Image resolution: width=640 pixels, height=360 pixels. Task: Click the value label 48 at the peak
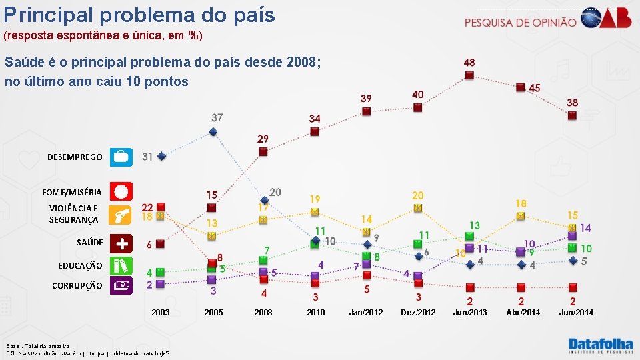point(469,63)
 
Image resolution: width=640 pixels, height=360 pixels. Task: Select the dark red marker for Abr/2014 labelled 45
point(521,87)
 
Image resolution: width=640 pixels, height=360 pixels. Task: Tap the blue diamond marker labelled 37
point(213,131)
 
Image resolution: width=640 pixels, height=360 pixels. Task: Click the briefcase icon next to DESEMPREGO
point(121,157)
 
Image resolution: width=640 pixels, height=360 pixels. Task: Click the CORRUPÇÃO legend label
point(77,285)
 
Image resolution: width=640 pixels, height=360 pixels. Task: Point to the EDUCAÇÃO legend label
point(80,265)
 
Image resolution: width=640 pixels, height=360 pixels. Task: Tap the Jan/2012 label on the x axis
point(365,312)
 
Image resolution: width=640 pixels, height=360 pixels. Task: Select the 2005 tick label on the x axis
point(213,312)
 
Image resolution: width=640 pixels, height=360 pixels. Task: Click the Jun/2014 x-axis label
point(575,312)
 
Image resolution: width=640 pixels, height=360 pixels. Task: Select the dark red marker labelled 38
point(572,115)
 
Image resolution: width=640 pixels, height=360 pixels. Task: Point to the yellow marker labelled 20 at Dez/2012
point(418,207)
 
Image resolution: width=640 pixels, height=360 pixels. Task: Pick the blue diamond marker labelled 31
point(161,157)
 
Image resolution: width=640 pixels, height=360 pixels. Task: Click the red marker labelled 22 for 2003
point(161,207)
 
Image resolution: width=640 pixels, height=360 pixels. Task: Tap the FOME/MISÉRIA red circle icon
point(121,191)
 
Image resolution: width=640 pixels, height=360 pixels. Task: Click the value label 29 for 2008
point(263,139)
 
